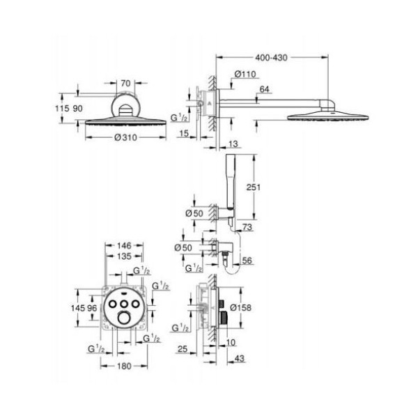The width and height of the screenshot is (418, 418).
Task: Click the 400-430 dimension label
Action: coord(271,58)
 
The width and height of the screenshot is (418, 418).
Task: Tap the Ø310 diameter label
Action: coord(125,137)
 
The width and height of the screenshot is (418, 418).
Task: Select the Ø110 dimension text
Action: coord(245,74)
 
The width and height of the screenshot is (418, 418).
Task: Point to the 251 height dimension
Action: coord(254,187)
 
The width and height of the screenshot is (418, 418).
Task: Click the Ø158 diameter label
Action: coord(240,308)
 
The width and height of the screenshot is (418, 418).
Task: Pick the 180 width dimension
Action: coord(124,366)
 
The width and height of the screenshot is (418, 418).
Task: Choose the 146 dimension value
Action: coord(124,245)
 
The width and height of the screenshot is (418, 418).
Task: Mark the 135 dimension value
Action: coord(124,256)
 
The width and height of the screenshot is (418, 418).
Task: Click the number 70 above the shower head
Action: coord(125,84)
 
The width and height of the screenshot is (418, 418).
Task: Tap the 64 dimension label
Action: coord(264,89)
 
